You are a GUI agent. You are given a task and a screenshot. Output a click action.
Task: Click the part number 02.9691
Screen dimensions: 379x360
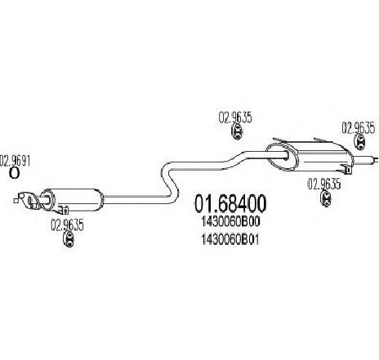[16, 161]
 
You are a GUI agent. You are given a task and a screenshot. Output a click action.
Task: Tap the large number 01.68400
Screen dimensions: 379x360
[230, 204]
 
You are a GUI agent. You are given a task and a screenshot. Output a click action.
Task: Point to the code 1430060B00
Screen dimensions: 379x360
[230, 222]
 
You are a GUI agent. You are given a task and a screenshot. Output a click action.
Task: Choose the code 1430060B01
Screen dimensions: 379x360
[230, 240]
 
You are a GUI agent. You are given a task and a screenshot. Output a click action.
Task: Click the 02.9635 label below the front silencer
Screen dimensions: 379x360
[67, 225]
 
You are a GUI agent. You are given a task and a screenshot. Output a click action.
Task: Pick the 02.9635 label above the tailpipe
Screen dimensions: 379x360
[359, 128]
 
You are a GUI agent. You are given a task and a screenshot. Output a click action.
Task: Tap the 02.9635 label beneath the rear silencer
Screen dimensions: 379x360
[324, 184]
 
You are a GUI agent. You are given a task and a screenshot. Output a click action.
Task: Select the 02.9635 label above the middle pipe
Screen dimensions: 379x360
[235, 118]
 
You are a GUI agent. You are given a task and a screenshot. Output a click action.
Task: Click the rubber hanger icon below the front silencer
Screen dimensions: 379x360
[69, 239]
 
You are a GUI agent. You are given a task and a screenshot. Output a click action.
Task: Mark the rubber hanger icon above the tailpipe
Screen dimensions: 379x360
[359, 142]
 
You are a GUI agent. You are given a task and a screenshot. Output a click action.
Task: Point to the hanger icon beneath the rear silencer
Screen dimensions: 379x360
[326, 198]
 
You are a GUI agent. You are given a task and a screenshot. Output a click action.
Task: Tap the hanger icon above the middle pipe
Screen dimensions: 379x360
[237, 131]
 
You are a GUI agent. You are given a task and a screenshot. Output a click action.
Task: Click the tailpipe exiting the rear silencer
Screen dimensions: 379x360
[365, 159]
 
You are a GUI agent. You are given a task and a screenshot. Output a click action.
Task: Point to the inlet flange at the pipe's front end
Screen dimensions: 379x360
[27, 201]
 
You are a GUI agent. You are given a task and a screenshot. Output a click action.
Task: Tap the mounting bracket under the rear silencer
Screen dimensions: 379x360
[345, 168]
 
